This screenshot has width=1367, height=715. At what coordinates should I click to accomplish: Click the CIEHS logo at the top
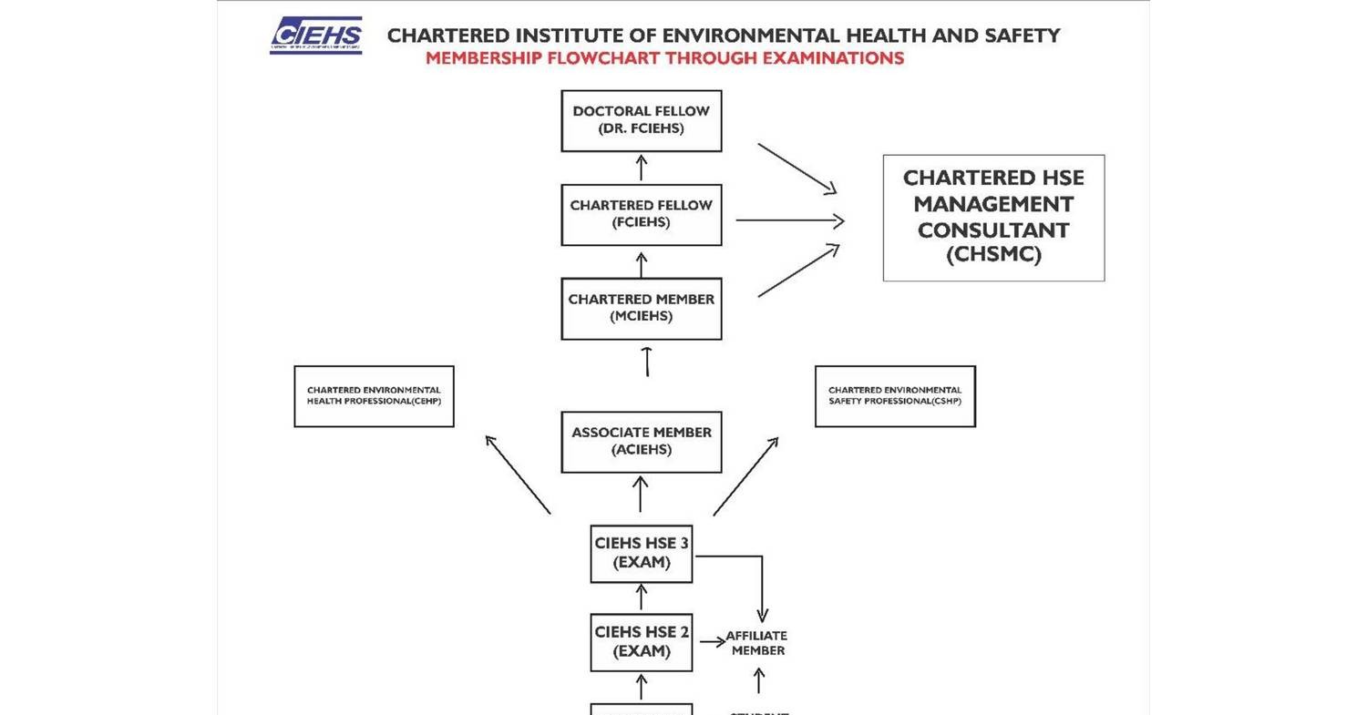pos(315,36)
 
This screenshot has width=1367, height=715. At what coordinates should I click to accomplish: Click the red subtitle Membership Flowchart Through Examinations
pos(664,58)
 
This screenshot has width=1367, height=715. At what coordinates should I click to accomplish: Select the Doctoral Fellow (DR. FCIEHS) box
pos(641,120)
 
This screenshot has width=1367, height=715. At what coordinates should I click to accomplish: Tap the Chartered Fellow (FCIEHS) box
pos(641,214)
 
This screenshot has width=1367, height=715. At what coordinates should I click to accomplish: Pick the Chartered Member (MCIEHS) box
pos(641,308)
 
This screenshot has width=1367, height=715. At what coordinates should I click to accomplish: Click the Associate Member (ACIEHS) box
pos(641,442)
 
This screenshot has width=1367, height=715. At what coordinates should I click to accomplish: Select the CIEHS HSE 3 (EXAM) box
pos(641,553)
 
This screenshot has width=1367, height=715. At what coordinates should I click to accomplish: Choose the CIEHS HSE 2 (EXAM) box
pos(641,641)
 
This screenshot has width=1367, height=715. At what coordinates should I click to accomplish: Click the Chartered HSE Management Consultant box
pos(993,217)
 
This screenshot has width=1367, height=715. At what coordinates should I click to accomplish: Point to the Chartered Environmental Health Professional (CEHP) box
pos(374,396)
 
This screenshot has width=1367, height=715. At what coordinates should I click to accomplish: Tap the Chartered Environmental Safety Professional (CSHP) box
pos(895,396)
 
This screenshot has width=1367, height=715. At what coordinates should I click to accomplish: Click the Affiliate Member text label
pos(757,643)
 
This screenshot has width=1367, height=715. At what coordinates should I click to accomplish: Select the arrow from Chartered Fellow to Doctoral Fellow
pos(642,168)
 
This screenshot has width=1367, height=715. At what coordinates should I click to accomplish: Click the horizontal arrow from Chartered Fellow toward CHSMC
pos(789,220)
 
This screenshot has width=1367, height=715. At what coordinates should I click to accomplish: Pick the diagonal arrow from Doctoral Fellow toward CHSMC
pos(797,169)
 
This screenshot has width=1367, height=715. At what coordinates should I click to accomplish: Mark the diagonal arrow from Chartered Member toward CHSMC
pos(798,271)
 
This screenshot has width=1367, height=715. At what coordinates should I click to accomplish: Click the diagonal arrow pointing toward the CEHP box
pos(518,475)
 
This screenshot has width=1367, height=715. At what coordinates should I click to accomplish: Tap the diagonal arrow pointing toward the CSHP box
pos(745,476)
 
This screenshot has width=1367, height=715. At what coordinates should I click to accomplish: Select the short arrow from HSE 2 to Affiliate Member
pos(713,642)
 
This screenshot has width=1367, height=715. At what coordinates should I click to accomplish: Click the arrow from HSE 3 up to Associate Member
pos(641,495)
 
